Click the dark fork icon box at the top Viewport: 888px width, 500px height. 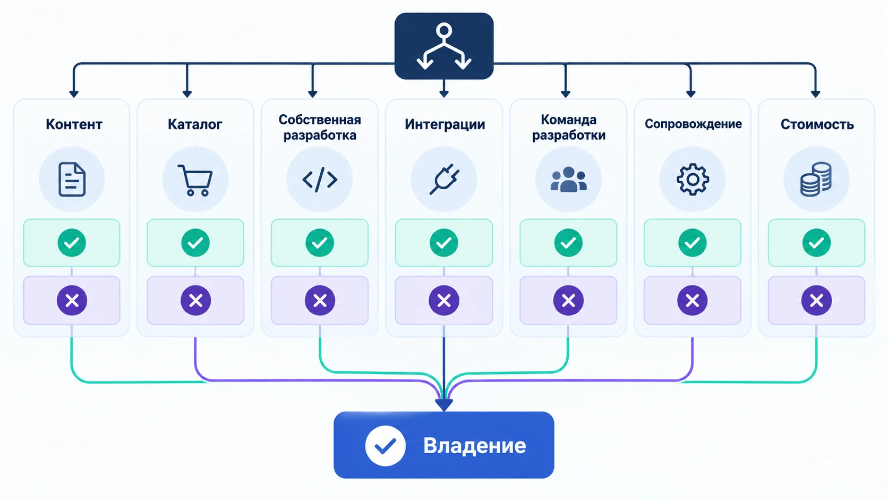pos(443,46)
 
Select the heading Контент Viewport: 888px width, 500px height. pos(74,124)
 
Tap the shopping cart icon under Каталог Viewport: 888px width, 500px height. pos(195,181)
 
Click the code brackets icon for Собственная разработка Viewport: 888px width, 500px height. pos(320,180)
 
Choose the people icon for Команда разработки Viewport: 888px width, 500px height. pos(568,180)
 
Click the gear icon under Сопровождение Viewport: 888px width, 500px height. pos(693,180)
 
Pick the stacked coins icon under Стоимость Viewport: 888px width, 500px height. pos(816,180)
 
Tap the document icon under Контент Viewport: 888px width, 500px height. pos(72,180)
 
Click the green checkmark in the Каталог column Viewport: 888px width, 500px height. pos(195,243)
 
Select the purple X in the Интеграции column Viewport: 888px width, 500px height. pos(444,301)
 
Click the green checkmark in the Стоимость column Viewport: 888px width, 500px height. pos(817,243)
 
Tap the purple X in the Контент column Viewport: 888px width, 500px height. pos(72,301)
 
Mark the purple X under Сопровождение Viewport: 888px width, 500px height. pos(693,301)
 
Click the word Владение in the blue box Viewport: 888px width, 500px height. pos(474,446)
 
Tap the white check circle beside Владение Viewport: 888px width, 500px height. pos(386,446)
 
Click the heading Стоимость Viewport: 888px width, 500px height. pos(817,124)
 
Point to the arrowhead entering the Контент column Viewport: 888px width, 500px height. pos(74,94)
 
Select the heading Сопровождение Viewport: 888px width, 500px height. pos(693,124)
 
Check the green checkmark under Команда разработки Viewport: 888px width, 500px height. pos(568,243)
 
